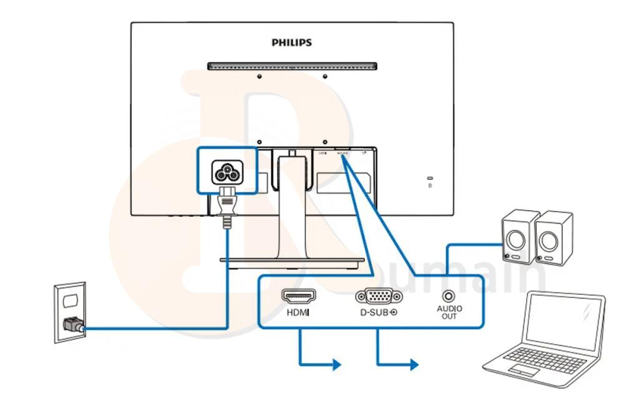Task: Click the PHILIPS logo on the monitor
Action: [291, 43]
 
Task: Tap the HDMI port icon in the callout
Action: [299, 296]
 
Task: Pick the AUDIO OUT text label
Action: [449, 312]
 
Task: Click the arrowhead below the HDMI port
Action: [338, 364]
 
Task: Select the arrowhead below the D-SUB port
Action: [414, 364]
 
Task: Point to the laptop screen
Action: [564, 323]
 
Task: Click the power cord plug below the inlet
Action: [226, 208]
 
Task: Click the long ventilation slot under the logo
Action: [292, 65]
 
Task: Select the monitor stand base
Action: [292, 260]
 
